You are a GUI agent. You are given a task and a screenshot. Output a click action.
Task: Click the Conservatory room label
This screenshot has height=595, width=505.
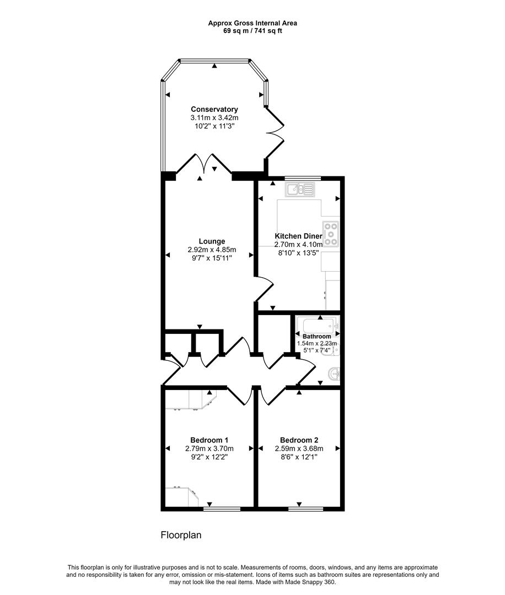[214, 109]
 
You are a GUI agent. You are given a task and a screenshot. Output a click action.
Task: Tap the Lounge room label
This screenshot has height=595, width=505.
[212, 241]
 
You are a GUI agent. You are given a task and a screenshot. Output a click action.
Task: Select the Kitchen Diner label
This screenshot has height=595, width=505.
[298, 236]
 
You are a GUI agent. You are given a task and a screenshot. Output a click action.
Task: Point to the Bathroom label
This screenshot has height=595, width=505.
[316, 336]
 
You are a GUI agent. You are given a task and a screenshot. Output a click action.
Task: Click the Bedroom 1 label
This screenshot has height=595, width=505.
[209, 440]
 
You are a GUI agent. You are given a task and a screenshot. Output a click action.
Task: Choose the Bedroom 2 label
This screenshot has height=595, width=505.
[299, 440]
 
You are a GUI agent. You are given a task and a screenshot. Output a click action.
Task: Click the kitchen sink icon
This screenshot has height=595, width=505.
[299, 190]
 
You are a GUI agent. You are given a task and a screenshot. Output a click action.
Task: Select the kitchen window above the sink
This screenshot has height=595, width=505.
[303, 178]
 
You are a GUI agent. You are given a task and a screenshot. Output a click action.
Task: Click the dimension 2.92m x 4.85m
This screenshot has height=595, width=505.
[212, 250]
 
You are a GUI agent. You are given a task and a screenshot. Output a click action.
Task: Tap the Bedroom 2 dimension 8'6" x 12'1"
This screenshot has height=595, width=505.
[299, 457]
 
